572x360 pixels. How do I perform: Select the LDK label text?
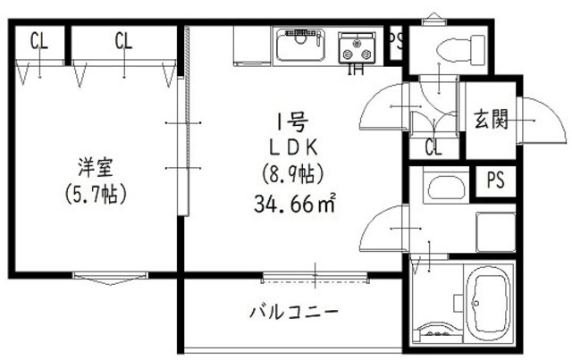[x=291, y=146]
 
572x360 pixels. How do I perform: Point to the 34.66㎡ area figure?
[x=294, y=204]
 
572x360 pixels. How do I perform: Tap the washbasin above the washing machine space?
[x=442, y=188]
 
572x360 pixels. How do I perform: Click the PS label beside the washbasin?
[x=494, y=180]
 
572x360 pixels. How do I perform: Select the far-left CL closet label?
[x=38, y=40]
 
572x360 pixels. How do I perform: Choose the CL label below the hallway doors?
[x=433, y=147]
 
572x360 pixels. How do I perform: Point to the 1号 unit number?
[x=290, y=121]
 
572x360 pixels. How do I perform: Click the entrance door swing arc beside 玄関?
[x=542, y=121]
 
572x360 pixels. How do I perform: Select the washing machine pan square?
[x=495, y=230]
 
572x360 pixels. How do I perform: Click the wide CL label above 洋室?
[x=123, y=40]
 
